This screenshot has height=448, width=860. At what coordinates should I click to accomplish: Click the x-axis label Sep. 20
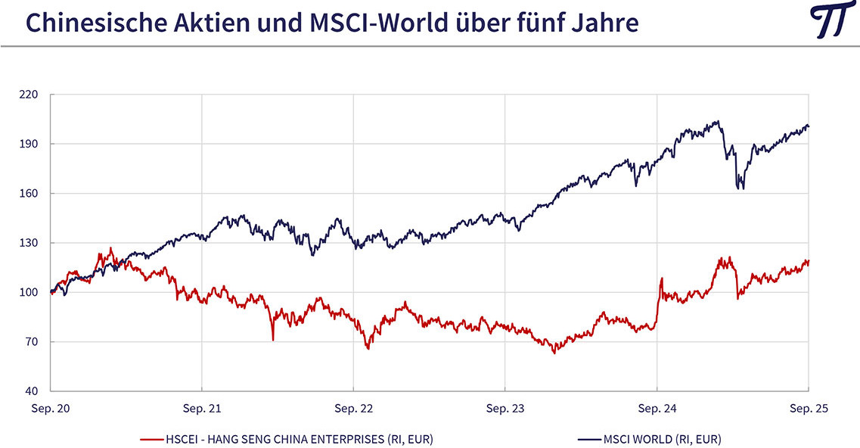click(x=51, y=409)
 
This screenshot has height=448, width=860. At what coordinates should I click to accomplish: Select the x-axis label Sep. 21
click(x=203, y=409)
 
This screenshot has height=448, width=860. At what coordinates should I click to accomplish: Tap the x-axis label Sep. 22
click(x=355, y=409)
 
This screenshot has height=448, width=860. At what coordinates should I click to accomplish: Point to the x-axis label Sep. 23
click(x=506, y=409)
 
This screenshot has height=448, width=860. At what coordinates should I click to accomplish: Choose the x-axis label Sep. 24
click(x=657, y=409)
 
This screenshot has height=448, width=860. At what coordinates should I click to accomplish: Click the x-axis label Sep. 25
click(x=809, y=409)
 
